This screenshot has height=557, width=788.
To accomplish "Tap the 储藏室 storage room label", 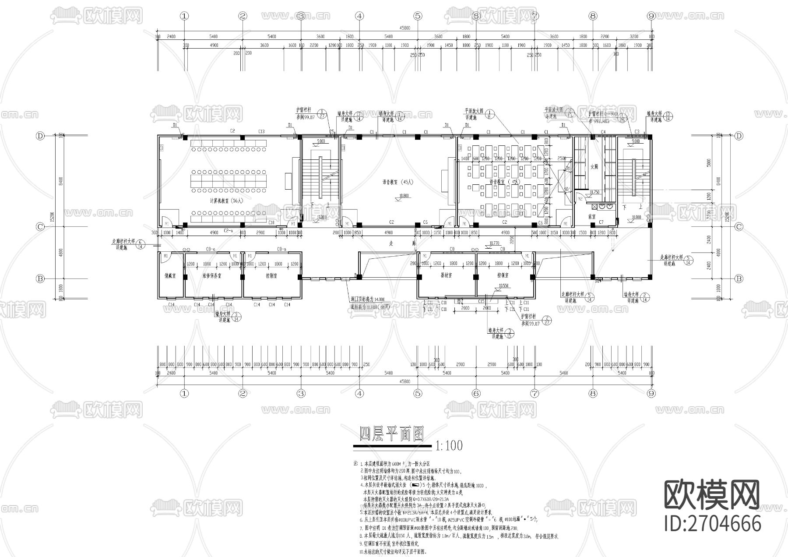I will pos(170,276).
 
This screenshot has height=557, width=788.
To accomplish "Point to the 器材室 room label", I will pos(446,276).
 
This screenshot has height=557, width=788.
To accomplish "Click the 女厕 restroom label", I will pos(594,167).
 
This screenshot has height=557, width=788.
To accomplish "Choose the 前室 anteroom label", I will pos(592,216).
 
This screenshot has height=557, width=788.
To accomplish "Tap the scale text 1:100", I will pos(449,446).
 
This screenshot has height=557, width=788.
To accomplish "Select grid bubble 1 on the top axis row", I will pos(184,16).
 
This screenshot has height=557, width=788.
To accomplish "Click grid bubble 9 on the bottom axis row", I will pos(651,393).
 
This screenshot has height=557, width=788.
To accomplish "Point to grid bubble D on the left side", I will pos(40,136).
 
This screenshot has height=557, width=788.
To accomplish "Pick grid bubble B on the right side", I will pos(739,278).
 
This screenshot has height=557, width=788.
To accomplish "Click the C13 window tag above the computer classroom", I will pos(261,131).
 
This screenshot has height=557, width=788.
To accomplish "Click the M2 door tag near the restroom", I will pos(580,199).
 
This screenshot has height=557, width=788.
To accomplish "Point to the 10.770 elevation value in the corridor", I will pos(494,243).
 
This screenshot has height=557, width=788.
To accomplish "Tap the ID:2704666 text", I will pos(713,523).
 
